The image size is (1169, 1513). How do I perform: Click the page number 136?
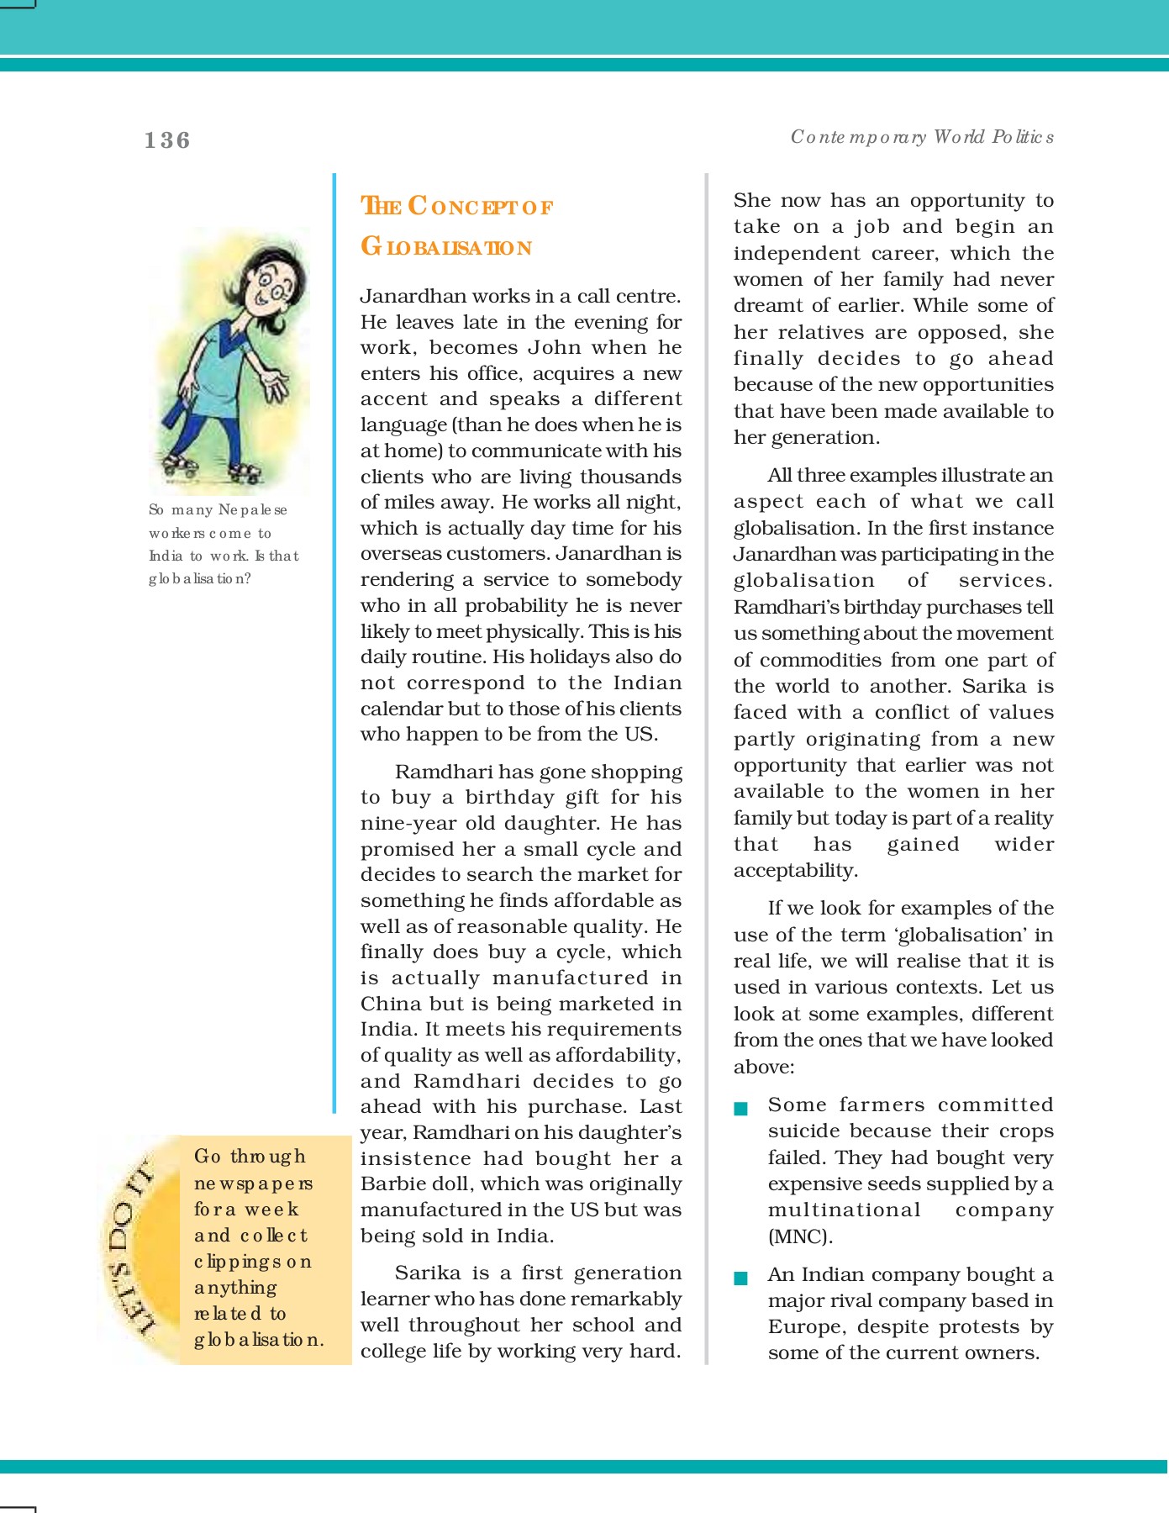(x=167, y=140)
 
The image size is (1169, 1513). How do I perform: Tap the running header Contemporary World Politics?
(x=922, y=137)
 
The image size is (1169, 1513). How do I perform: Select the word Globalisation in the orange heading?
(x=446, y=247)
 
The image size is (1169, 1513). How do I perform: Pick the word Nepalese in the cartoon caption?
(x=252, y=510)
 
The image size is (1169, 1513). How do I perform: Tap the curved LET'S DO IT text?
(x=130, y=1245)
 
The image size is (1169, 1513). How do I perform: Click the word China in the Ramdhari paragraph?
(x=391, y=1004)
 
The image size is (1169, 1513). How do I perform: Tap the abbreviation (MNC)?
(x=800, y=1236)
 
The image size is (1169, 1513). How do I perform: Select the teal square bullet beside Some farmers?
(x=740, y=1109)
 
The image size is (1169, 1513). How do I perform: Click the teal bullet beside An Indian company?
(x=740, y=1278)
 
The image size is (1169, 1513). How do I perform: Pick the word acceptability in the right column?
(x=795, y=870)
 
